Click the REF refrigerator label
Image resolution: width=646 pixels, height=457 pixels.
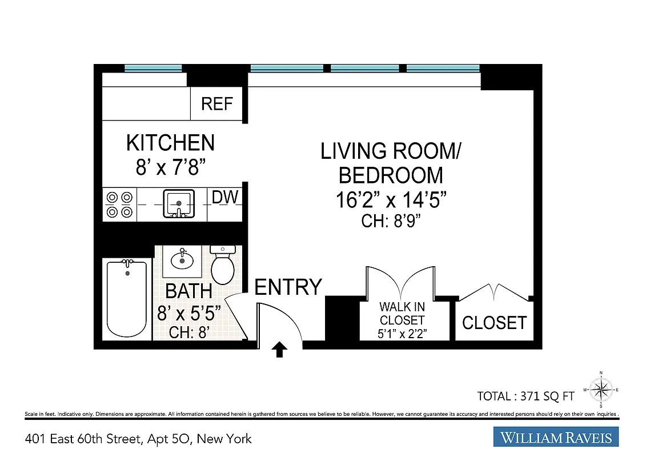tap(217, 104)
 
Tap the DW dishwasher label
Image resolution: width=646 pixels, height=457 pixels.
tap(224, 198)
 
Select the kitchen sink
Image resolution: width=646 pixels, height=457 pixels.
tap(179, 203)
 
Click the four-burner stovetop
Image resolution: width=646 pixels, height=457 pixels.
tap(119, 205)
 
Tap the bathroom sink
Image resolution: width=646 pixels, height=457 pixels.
tap(182, 259)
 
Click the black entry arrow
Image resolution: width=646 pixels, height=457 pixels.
tap(279, 349)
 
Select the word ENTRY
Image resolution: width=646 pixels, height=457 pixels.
tap(288, 287)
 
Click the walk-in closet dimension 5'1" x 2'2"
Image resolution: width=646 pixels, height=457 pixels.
tap(402, 332)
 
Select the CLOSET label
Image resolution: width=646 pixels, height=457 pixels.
tap(494, 323)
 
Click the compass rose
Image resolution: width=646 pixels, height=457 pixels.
tap(601, 390)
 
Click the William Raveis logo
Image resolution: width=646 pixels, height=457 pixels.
tap(556, 438)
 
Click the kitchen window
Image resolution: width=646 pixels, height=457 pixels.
tap(153, 68)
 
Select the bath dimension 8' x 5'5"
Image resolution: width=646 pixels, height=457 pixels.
tap(189, 314)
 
